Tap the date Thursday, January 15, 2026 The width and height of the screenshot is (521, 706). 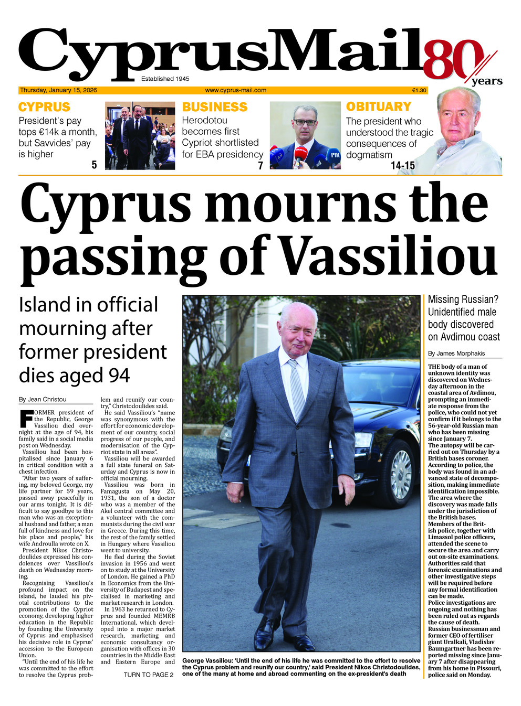pyautogui.click(x=58, y=90)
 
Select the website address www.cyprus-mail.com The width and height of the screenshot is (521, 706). pyautogui.click(x=235, y=90)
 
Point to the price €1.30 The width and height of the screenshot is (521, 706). pyautogui.click(x=419, y=90)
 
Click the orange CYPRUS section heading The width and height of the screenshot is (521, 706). pyautogui.click(x=44, y=107)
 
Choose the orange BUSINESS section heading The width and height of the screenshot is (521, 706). pyautogui.click(x=214, y=107)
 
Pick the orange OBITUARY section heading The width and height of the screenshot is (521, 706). pyautogui.click(x=378, y=106)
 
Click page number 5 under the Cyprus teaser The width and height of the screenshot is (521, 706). pyautogui.click(x=94, y=165)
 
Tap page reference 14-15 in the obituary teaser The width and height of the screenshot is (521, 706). pyautogui.click(x=402, y=166)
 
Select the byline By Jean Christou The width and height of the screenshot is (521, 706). pyautogui.click(x=43, y=399)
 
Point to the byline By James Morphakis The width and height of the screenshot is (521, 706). pyautogui.click(x=456, y=354)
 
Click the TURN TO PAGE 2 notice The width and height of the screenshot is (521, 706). pyautogui.click(x=149, y=675)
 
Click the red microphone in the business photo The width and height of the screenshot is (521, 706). pyautogui.click(x=301, y=154)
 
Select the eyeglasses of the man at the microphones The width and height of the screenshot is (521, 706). pyautogui.click(x=305, y=122)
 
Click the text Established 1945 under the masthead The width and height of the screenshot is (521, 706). pyautogui.click(x=165, y=79)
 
